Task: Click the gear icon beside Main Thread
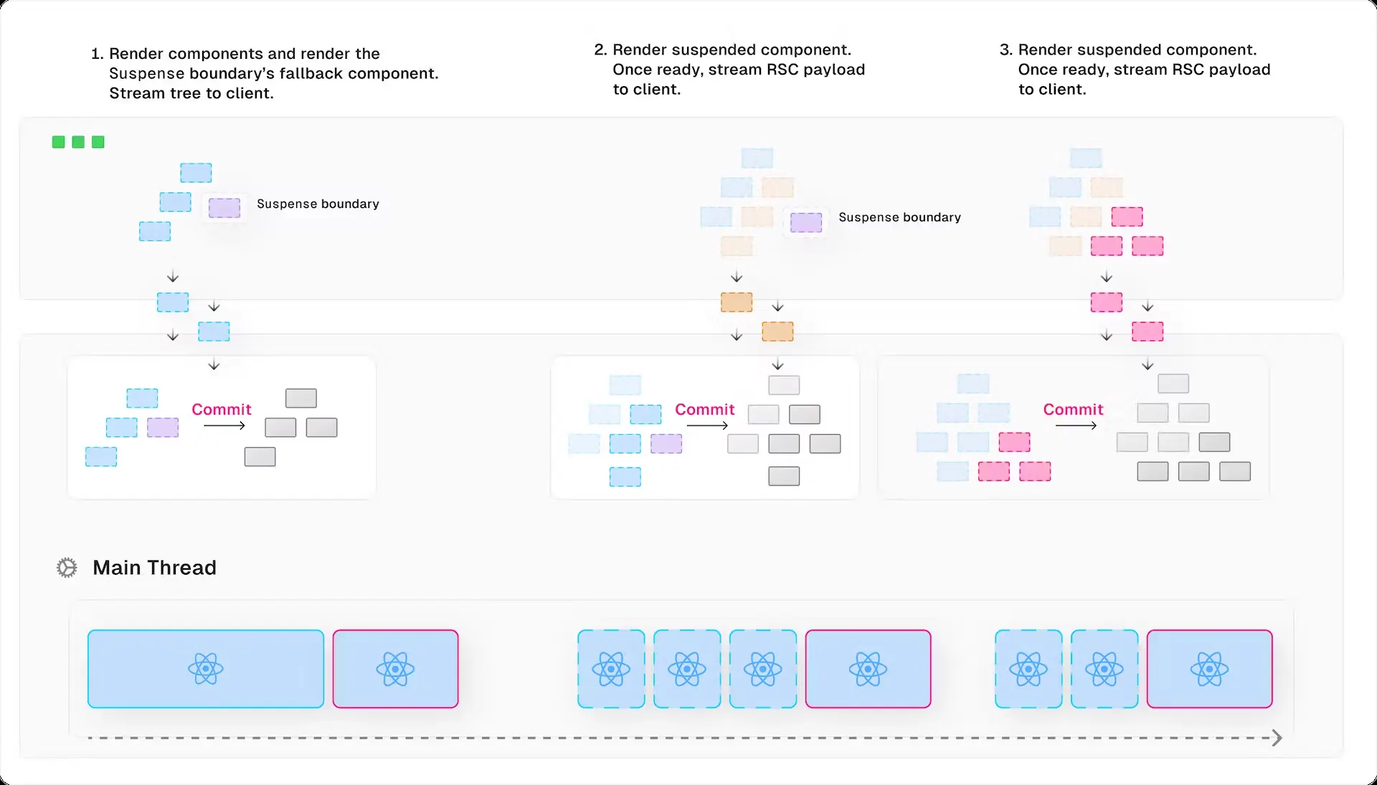coord(67,568)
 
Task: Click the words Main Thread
coord(154,568)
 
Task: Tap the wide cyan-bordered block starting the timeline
coord(206,669)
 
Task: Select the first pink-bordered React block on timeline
coord(395,669)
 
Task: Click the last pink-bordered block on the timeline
coord(1209,669)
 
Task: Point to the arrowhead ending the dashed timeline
coord(1277,738)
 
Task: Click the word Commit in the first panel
coord(221,409)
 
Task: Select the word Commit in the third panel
coord(1073,409)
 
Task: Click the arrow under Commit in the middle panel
coord(707,426)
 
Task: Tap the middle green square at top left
coord(78,142)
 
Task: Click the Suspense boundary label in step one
coord(318,204)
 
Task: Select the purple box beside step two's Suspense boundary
coord(806,222)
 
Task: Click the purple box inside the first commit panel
coord(163,428)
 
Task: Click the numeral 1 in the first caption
coord(96,54)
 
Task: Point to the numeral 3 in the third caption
coord(1005,50)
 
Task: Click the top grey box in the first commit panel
coord(301,398)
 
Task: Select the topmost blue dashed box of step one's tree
coord(196,173)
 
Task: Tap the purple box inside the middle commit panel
coord(666,443)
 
